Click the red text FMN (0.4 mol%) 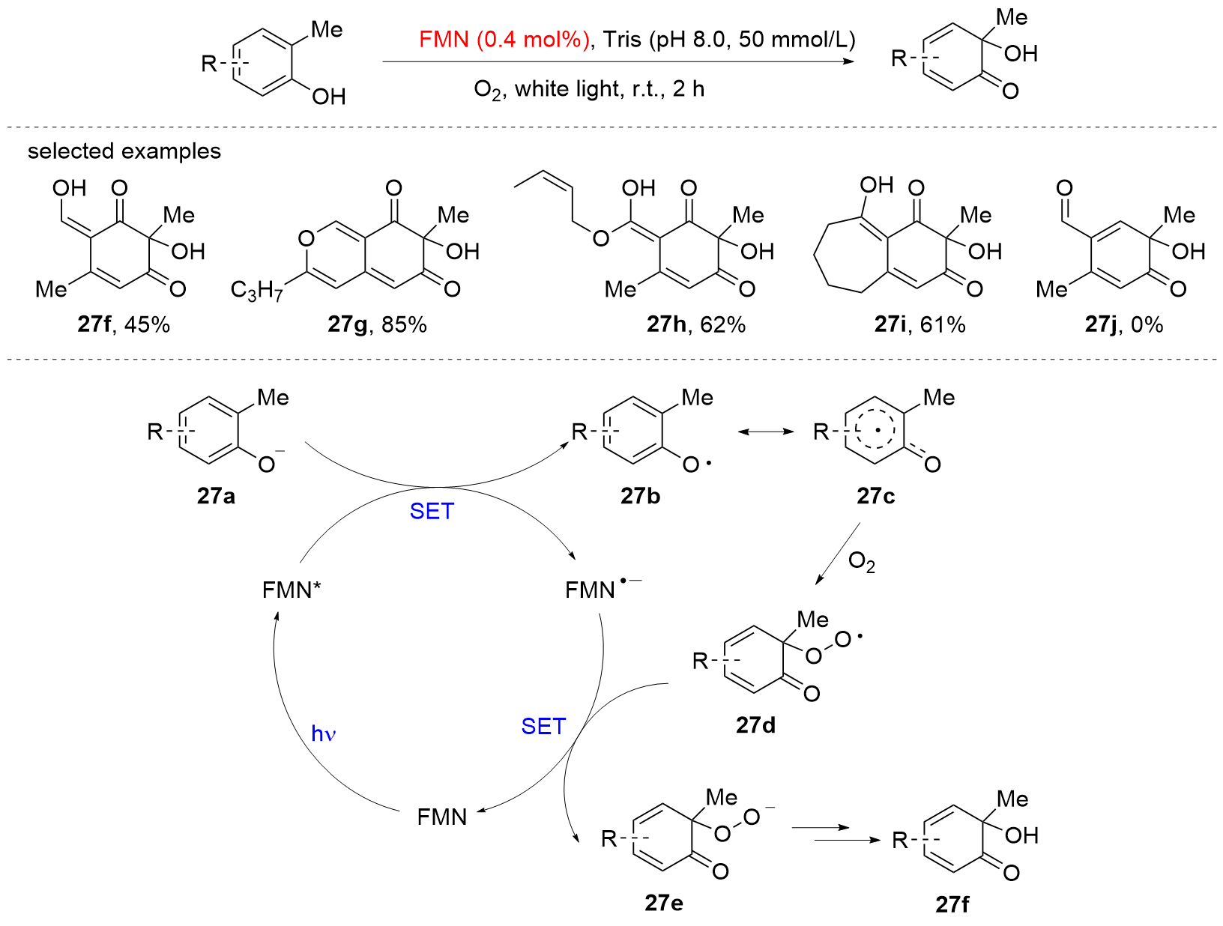tap(504, 39)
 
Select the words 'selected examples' tap(124, 151)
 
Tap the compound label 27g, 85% tap(377, 324)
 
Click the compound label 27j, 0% tap(1123, 324)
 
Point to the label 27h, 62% tap(695, 324)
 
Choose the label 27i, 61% tap(919, 324)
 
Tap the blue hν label tap(323, 733)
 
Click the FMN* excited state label tap(292, 590)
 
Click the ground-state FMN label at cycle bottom tap(442, 817)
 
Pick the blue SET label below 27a tap(432, 511)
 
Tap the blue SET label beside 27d tap(543, 726)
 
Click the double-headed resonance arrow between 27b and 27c tap(765, 432)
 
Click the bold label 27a tap(216, 496)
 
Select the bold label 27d tap(755, 725)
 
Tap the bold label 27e tap(664, 903)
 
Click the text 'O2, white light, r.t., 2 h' tap(589, 90)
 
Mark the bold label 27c tap(875, 496)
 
